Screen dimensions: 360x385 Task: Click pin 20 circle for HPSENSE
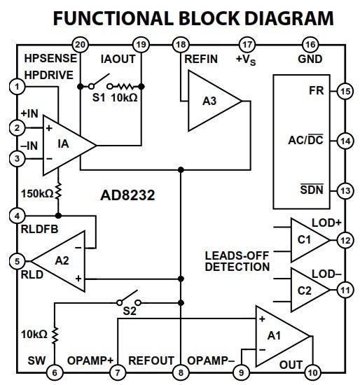80,45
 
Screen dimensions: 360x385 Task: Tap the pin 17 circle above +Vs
247,45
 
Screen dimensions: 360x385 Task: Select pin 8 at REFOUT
181,372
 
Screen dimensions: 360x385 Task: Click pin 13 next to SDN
345,191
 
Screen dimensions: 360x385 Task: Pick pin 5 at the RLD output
17,261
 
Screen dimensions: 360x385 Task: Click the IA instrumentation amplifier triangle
69,146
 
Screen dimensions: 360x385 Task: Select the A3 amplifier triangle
215,101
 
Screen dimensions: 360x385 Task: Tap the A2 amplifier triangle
58,261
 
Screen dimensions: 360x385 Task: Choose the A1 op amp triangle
282,337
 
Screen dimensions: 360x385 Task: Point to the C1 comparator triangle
310,240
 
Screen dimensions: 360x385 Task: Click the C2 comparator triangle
310,290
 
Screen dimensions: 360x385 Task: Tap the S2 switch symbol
129,299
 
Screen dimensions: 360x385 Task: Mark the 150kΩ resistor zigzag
58,191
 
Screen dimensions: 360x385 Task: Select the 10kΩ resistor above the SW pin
55,335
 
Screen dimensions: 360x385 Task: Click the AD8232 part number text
127,195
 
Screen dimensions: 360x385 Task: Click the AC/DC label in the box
305,140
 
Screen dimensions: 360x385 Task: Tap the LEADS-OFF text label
237,255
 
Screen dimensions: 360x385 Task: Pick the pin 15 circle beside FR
345,91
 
